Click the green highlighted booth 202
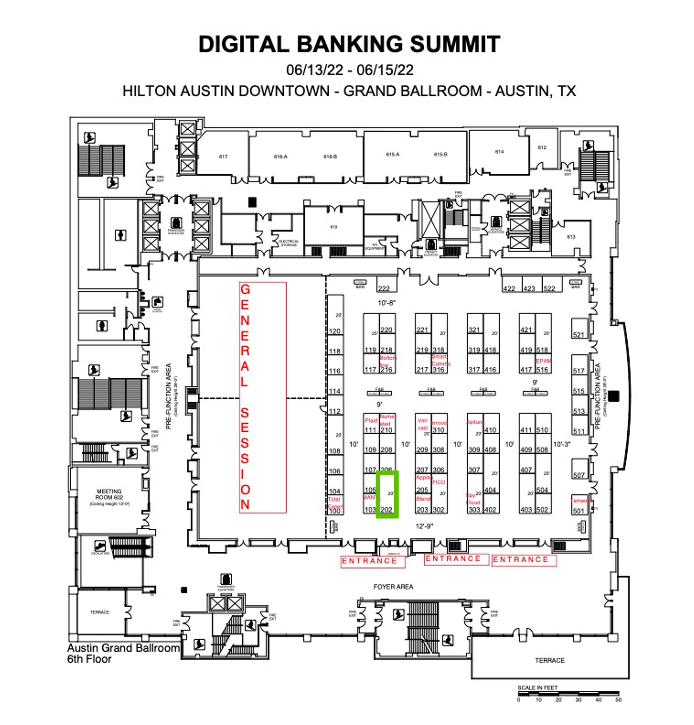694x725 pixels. (x=386, y=494)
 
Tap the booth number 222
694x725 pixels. (x=383, y=288)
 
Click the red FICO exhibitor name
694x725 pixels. (x=439, y=482)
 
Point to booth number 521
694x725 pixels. (x=578, y=335)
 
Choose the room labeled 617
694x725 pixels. (x=223, y=157)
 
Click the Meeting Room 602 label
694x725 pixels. (x=109, y=494)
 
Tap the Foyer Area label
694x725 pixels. (x=393, y=587)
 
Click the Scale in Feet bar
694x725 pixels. (x=568, y=692)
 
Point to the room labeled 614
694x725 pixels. (x=499, y=152)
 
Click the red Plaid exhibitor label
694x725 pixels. (x=371, y=421)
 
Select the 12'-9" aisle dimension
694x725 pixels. (x=424, y=526)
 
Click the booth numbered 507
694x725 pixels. (x=579, y=475)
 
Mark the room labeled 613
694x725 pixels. (x=571, y=237)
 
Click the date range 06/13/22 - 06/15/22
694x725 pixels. (x=350, y=70)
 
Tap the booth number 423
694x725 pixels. (x=529, y=288)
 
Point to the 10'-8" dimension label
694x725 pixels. (x=386, y=303)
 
